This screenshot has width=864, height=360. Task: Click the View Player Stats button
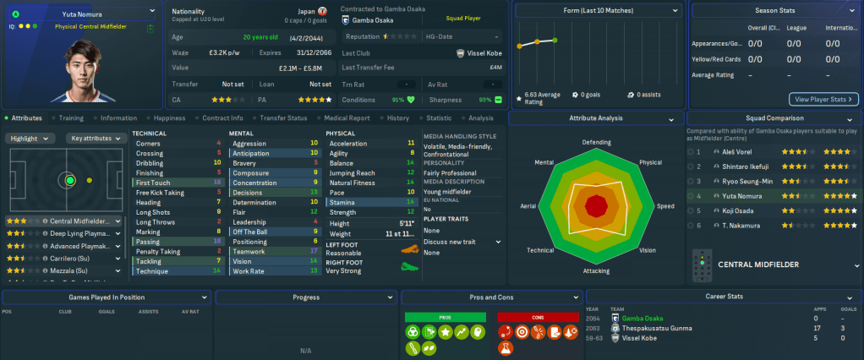click(823, 99)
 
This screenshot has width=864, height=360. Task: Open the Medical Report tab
click(347, 118)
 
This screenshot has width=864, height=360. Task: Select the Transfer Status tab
click(283, 118)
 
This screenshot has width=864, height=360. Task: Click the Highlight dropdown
click(30, 138)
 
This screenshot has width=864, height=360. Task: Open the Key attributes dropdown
click(97, 138)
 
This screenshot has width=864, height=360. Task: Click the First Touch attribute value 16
click(218, 183)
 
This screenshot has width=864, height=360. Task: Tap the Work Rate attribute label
click(249, 271)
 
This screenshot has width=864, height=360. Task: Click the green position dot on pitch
click(70, 180)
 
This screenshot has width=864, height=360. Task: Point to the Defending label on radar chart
click(597, 143)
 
